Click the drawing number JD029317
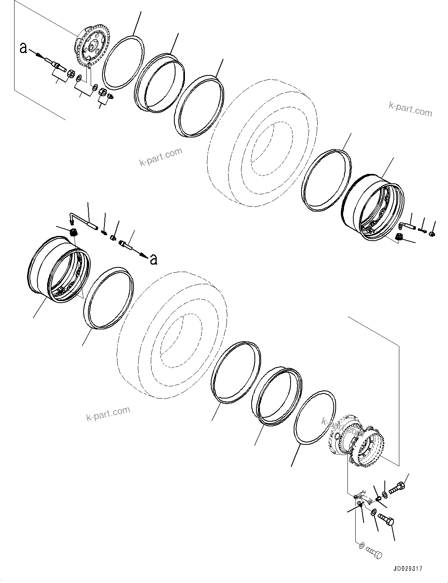407,568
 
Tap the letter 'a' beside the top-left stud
24,48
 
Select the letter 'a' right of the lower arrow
154,259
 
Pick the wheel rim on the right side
373,210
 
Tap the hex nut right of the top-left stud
71,73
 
